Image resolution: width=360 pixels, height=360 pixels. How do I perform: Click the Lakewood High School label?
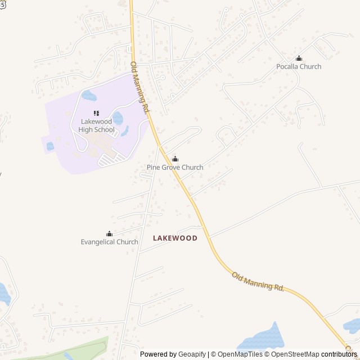pyautogui.click(x=97, y=125)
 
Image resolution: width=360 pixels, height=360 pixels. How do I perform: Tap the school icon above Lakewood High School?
pyautogui.click(x=96, y=114)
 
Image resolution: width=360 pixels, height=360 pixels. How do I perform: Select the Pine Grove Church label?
pyautogui.click(x=175, y=167)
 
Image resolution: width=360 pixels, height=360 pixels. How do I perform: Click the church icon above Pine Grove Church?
pyautogui.click(x=175, y=159)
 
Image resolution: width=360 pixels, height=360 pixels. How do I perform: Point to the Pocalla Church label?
pyautogui.click(x=299, y=66)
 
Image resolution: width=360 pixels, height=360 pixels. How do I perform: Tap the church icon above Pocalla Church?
pyautogui.click(x=299, y=58)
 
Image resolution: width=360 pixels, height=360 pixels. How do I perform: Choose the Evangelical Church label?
pyautogui.click(x=109, y=242)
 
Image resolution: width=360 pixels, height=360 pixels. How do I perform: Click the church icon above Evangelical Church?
pyautogui.click(x=109, y=233)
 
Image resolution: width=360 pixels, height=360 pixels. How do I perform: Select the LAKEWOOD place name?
pyautogui.click(x=175, y=238)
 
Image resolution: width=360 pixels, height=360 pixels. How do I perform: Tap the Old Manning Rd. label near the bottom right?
pyautogui.click(x=258, y=281)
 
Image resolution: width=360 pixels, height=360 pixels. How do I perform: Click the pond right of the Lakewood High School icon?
pyautogui.click(x=118, y=118)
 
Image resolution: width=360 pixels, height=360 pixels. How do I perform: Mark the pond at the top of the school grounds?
pyautogui.click(x=89, y=96)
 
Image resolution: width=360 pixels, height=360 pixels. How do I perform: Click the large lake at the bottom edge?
pyautogui.click(x=262, y=339)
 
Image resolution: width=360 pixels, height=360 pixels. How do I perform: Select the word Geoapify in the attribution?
pyautogui.click(x=192, y=354)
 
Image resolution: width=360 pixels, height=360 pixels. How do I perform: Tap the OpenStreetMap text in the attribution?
pyautogui.click(x=295, y=354)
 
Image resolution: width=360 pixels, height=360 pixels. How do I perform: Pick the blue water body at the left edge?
pyautogui.click(x=3, y=294)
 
